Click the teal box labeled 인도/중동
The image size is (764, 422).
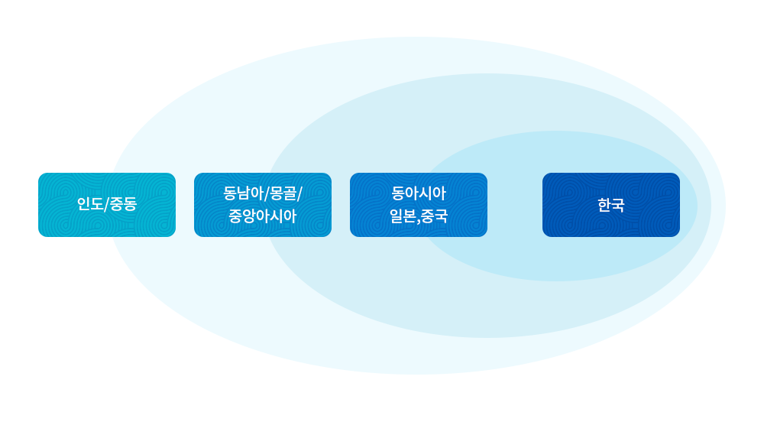107,205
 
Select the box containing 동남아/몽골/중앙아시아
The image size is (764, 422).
263,205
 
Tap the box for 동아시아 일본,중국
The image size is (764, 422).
419,205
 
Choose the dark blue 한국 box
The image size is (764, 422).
611,205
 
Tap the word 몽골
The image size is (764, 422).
282,193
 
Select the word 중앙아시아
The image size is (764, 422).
263,216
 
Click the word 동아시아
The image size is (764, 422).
419,193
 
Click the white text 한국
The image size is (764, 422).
611,205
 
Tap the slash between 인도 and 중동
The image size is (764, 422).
106,205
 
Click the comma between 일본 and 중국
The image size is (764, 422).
419,220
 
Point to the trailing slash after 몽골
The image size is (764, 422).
299,193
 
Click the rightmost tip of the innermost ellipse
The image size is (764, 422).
697,206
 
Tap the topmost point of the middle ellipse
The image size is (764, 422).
487,74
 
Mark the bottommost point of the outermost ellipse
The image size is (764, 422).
417,374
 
